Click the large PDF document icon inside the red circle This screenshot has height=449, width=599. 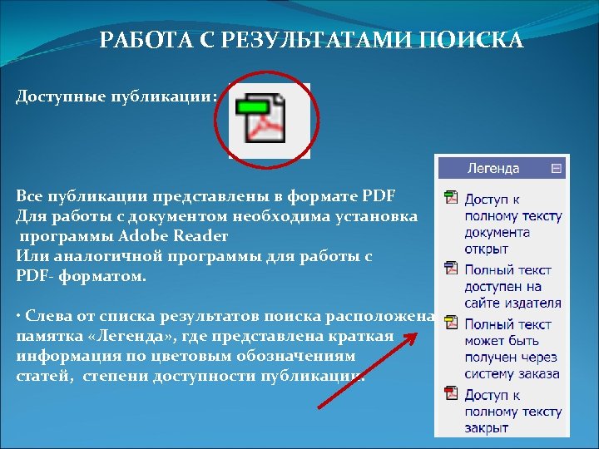pos(268,122)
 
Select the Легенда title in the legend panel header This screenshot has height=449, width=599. pos(493,168)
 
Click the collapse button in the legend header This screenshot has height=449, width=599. pos(557,168)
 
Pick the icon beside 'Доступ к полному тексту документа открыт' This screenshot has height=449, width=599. pos(451,198)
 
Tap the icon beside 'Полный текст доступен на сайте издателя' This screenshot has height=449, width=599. pos(451,269)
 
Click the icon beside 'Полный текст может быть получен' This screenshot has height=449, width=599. pos(451,322)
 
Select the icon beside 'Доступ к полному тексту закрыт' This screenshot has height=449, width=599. pos(451,393)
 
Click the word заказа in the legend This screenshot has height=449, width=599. pos(541,373)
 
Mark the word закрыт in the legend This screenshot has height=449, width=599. pos(488,428)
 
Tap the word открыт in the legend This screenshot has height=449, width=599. pos(487,249)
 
